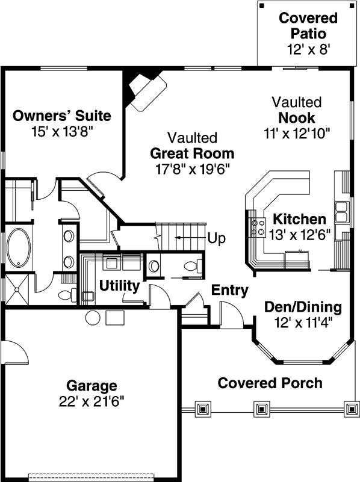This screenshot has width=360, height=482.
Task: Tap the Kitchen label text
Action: [x=299, y=220]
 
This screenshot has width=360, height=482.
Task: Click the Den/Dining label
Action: [x=303, y=307]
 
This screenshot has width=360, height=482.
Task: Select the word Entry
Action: [x=229, y=291]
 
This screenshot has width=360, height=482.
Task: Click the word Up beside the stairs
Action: [x=216, y=238]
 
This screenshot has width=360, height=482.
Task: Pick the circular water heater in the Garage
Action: [x=92, y=317]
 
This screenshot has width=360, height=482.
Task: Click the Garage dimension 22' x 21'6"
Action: [x=92, y=400]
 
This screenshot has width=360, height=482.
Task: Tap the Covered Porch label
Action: [x=270, y=383]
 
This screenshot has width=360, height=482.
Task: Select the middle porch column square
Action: [x=260, y=410]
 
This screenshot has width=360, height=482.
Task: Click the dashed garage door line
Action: [x=92, y=475]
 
